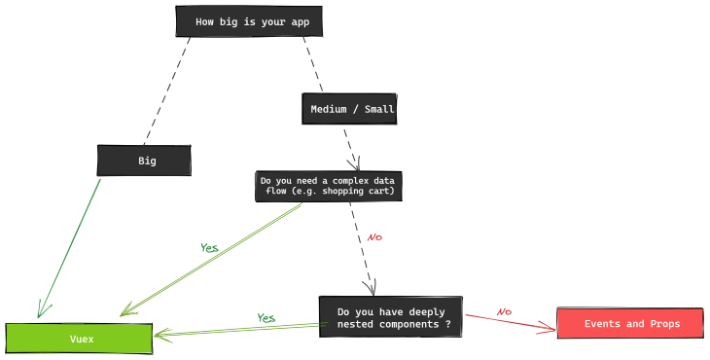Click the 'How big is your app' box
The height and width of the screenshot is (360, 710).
click(x=248, y=21)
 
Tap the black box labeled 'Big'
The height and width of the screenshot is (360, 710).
click(x=144, y=161)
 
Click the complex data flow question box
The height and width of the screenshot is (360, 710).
click(x=329, y=186)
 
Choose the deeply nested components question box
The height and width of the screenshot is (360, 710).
click(x=391, y=317)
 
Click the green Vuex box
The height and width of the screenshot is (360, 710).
click(x=79, y=339)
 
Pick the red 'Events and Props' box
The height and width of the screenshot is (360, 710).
click(x=630, y=323)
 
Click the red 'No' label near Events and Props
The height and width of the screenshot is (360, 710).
click(x=504, y=312)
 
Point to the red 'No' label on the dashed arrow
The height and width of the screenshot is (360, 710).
click(x=374, y=237)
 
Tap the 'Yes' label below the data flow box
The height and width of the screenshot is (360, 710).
click(x=209, y=248)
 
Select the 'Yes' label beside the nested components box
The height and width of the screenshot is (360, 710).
click(x=266, y=318)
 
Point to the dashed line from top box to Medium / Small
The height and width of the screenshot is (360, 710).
click(x=312, y=64)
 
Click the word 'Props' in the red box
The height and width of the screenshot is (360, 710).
click(x=660, y=324)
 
